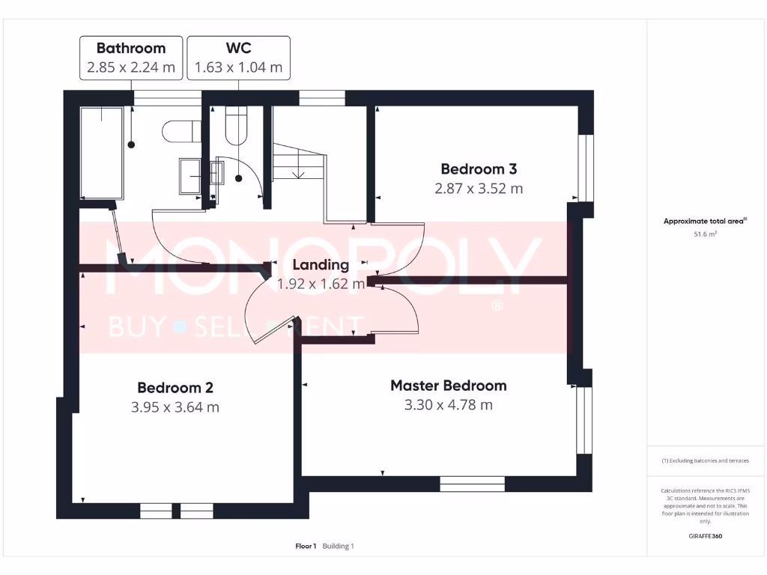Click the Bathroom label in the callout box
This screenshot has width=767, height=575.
click(131, 49)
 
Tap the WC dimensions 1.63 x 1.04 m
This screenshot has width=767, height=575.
click(238, 67)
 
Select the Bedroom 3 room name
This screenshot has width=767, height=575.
click(478, 169)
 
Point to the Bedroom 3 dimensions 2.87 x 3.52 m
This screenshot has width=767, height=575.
click(478, 189)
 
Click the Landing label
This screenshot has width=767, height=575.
click(321, 264)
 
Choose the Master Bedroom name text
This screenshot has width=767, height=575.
click(448, 386)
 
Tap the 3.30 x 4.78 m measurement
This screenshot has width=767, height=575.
click(448, 405)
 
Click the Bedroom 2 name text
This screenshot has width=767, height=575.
click(175, 388)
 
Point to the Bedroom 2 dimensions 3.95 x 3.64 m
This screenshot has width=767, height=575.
click(175, 407)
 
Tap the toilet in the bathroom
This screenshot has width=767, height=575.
click(180, 132)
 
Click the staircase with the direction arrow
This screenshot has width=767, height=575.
click(299, 161)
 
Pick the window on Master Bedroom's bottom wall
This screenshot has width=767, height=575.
click(472, 484)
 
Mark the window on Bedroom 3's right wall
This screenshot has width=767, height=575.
click(586, 168)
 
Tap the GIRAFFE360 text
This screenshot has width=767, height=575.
click(706, 536)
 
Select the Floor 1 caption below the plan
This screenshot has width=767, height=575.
click(306, 546)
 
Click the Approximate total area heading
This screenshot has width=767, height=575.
click(704, 221)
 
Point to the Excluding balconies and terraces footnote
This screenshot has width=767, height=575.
click(706, 460)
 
